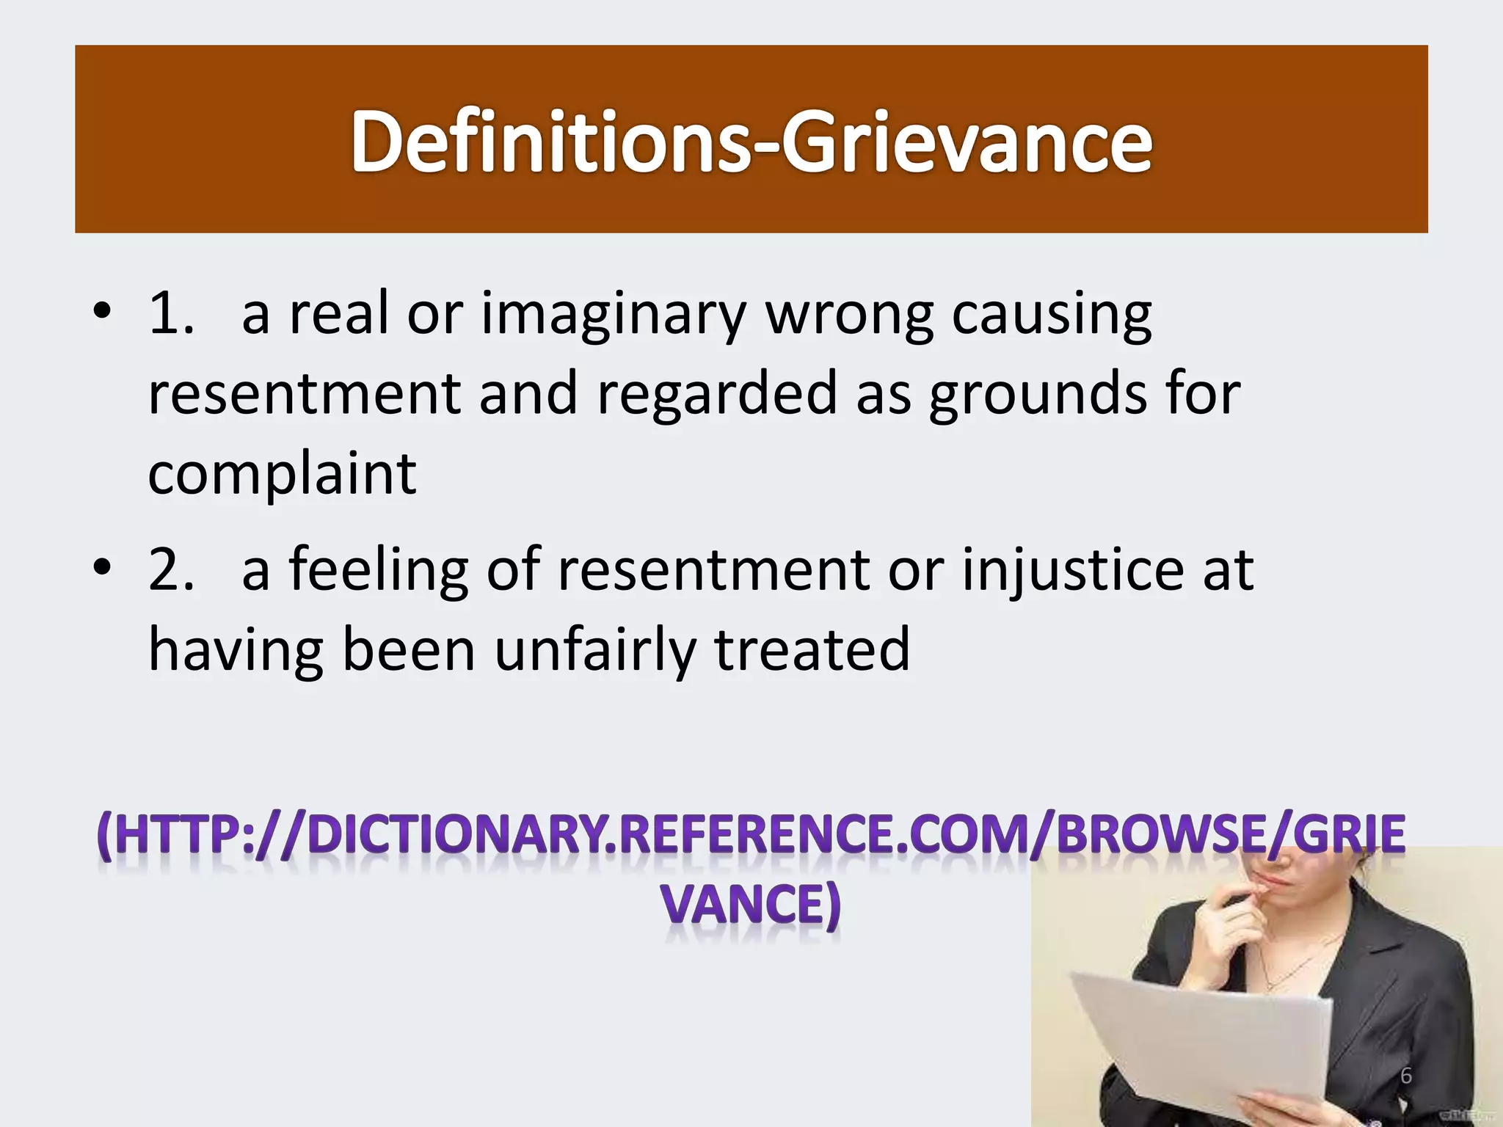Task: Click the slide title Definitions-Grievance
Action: (751, 141)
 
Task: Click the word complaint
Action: (283, 473)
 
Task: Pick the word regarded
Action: (717, 395)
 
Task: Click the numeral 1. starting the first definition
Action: (172, 314)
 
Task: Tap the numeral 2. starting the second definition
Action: (172, 570)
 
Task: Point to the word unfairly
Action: (594, 651)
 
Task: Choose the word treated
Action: (812, 651)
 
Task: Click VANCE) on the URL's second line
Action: (751, 904)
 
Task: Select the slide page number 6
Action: (1406, 1076)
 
